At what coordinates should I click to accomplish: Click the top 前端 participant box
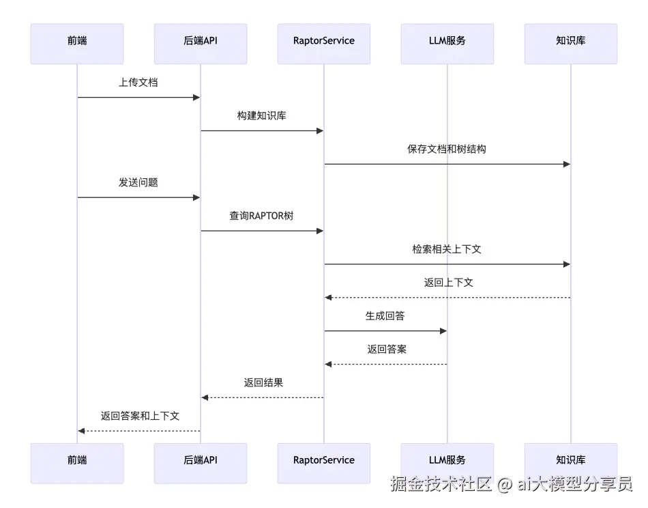pos(77,44)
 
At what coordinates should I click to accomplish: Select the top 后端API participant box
pos(201,44)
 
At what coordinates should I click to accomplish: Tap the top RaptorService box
pos(324,44)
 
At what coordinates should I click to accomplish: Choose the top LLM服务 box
pos(447,44)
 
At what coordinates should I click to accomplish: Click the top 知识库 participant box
pos(571,44)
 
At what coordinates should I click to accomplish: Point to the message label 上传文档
pos(138,83)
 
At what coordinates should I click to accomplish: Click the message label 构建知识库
pos(262,116)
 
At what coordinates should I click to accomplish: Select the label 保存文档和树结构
pos(447,149)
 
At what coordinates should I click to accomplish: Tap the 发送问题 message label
pos(138,182)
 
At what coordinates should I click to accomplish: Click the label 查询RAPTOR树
pos(262,216)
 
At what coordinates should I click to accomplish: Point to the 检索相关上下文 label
pos(447,249)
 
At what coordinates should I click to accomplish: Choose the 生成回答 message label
pos(385,316)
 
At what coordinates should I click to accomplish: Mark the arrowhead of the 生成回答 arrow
pos(443,331)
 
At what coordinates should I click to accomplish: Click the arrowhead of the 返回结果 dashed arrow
pos(205,397)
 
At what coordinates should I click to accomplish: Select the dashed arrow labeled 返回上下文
pos(447,298)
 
